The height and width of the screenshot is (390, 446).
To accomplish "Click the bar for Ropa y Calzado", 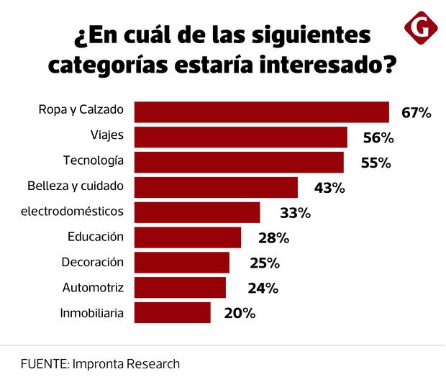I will coord(262,112).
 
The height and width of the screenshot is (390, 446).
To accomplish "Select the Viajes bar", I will coord(241,137).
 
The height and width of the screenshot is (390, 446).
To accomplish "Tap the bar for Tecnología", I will coord(239,163).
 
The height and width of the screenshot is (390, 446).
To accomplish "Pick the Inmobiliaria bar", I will coord(173,312).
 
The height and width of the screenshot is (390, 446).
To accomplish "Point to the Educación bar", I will coord(188,237).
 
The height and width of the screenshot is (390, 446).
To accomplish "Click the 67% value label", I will coord(416,113).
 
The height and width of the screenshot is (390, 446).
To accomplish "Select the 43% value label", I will coord(329,188).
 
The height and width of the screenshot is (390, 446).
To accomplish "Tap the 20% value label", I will coord(239,313).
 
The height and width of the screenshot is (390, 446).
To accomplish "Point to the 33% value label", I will coord(294,213).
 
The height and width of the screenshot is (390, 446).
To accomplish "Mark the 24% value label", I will coord(263,288).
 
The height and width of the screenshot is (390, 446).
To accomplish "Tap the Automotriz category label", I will coord(94,287).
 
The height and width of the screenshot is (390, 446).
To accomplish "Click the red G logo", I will coord(422,28).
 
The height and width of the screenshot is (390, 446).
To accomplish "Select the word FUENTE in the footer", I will coord(43,363).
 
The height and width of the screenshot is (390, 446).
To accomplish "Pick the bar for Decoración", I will coord(182,263).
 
